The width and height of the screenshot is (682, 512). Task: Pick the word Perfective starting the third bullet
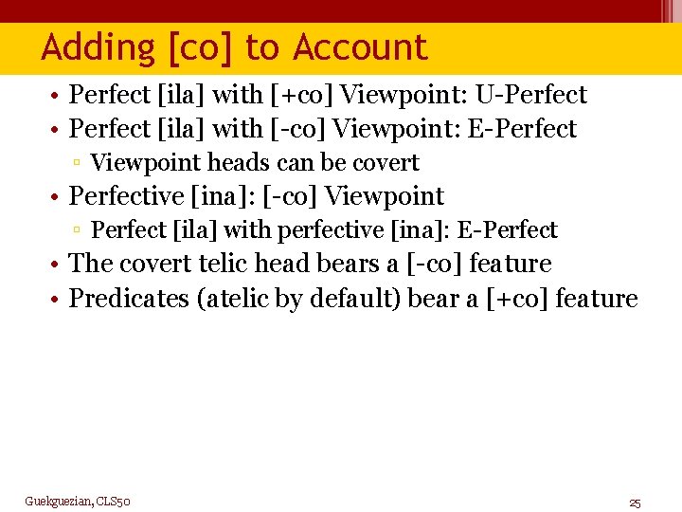pos(128,196)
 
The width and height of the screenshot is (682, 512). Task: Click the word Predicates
pos(130,299)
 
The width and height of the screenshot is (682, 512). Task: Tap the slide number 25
pos(635,502)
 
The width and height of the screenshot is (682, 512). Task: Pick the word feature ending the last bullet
pos(597,299)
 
